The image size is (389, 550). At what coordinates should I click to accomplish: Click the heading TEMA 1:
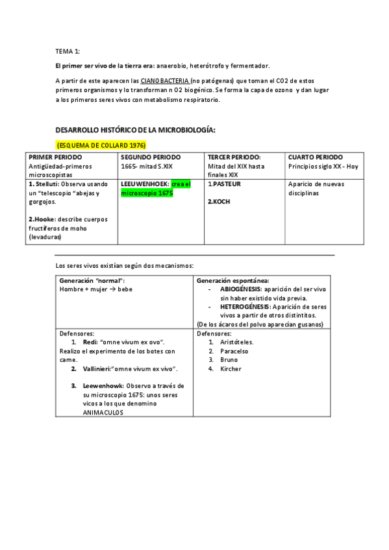tap(68, 51)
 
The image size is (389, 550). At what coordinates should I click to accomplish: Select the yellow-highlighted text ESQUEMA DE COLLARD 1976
tap(101, 145)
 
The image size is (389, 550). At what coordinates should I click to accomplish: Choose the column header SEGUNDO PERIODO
tap(151, 158)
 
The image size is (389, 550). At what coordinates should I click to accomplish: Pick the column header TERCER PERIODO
tap(234, 158)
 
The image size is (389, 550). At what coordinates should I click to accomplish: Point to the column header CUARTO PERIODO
tap(316, 158)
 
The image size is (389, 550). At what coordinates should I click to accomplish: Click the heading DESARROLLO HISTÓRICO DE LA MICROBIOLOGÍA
tap(135, 130)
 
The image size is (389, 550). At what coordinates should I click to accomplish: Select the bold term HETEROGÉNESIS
tap(246, 306)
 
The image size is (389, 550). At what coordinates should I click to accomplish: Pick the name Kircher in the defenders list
tap(231, 368)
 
